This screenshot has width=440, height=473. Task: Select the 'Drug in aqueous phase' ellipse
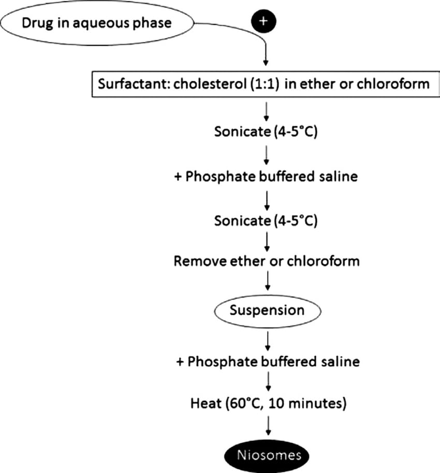tap(96, 23)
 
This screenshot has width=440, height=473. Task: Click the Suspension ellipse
tap(267, 311)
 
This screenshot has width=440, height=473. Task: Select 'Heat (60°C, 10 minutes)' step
tap(267, 402)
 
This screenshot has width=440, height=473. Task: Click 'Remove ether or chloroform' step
tap(267, 260)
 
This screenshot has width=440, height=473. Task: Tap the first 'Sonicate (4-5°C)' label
tap(266, 131)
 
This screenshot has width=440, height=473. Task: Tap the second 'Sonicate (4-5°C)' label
tap(266, 221)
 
